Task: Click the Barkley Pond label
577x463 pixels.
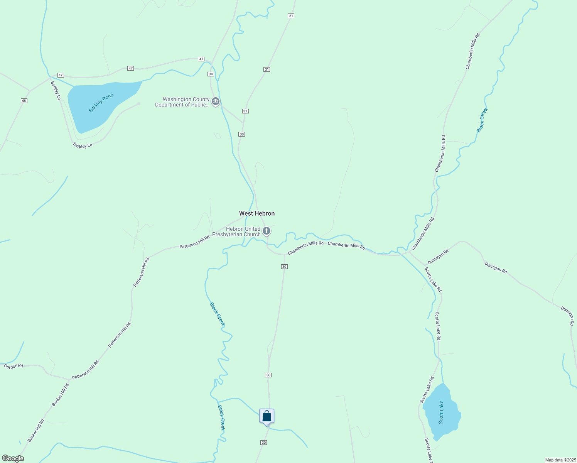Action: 101,103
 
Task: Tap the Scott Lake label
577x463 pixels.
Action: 441,412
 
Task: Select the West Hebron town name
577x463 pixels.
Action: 257,213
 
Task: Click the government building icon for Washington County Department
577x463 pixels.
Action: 216,102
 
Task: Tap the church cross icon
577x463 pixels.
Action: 266,231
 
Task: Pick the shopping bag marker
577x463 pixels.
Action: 267,416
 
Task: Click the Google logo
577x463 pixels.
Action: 13,458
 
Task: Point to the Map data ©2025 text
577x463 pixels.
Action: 560,460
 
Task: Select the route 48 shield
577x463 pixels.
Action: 24,101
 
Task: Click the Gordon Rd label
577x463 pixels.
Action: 13,366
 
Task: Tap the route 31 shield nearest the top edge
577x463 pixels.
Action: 291,16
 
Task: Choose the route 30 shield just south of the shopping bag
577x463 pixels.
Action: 263,443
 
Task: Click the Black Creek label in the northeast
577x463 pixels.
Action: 482,120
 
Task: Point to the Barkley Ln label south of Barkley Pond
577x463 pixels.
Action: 83,145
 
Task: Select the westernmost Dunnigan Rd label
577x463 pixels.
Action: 438,257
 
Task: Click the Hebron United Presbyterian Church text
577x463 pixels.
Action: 236,231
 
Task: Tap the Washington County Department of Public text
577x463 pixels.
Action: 182,102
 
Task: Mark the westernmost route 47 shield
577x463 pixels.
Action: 61,75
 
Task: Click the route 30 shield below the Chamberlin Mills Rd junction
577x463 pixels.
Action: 284,267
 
